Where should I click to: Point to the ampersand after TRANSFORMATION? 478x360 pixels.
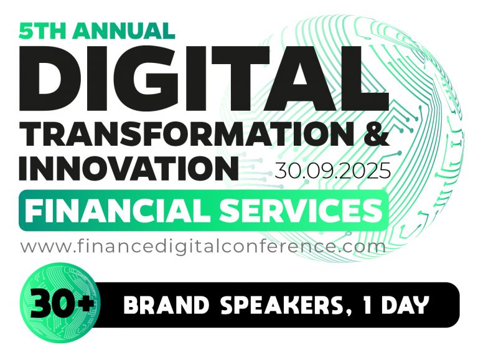[x=376, y=135]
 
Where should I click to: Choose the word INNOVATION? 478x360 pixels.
[x=128, y=168]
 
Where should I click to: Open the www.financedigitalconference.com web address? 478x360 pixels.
[x=203, y=246]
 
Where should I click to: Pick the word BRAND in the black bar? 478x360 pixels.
[x=158, y=306]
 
